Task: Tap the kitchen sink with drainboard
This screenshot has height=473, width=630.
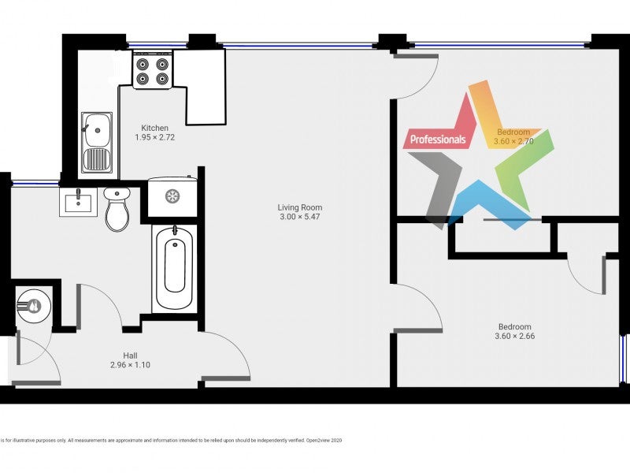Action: coord(97,142)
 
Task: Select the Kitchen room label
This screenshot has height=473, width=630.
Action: coord(154,128)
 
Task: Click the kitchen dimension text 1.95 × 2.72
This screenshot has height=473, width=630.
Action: coord(154,137)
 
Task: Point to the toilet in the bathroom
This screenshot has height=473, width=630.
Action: coord(117,210)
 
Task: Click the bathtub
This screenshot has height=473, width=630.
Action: coord(173,268)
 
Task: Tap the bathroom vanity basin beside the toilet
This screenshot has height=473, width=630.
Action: coord(78,202)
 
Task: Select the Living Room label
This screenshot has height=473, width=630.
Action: coord(300,207)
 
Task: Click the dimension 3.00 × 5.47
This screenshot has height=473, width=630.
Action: coord(300,217)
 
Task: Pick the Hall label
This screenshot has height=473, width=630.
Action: coord(130,356)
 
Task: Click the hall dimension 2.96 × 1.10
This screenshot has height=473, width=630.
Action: coord(130,365)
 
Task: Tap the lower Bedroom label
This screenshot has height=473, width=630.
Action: coord(514,327)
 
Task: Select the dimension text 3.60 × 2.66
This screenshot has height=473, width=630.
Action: coord(514,337)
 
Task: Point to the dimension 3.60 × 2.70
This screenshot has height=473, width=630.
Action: coord(514,142)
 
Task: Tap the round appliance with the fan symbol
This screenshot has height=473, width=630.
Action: coord(172,196)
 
